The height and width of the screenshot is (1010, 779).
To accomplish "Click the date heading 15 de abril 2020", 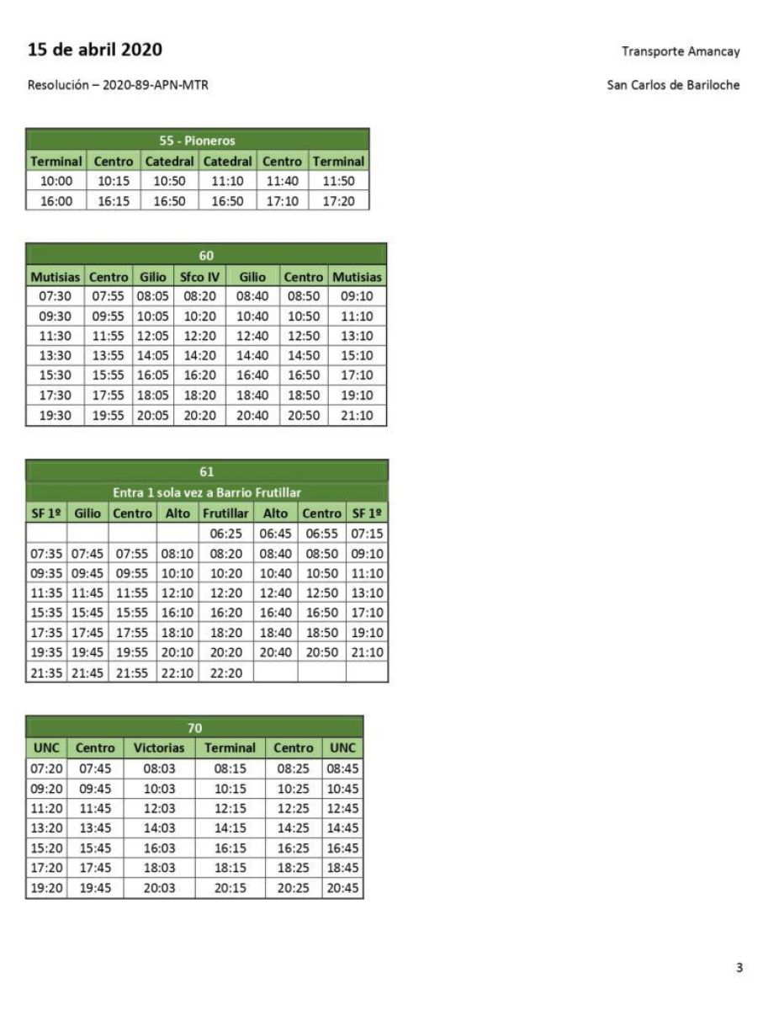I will tap(95, 50).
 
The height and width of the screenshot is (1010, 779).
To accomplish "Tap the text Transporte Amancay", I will tap(681, 51).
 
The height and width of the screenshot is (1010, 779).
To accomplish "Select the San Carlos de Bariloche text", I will tap(673, 85).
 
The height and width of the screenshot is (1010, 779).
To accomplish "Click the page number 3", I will tap(739, 968).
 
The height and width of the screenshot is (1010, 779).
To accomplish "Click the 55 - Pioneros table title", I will tap(198, 141).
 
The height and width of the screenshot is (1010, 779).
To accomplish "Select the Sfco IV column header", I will tap(199, 276).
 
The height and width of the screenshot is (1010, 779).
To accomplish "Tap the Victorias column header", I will tap(158, 747).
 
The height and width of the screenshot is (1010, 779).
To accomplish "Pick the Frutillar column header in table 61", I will tap(225, 513).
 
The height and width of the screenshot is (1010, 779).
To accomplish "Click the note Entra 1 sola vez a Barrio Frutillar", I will tap(207, 492).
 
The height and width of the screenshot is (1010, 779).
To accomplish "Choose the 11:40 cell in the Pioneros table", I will tap(282, 181).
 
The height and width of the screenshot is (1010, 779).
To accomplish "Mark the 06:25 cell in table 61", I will tap(225, 533).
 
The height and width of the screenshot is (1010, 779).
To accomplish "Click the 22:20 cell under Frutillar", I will tap(225, 672).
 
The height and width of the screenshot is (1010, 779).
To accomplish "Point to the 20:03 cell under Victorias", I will tap(158, 889).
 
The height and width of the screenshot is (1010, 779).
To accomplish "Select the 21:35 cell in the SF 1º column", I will tap(46, 672).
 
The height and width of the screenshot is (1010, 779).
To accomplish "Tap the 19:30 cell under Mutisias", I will tap(55, 416).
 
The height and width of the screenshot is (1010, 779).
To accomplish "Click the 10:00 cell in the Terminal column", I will tap(56, 181).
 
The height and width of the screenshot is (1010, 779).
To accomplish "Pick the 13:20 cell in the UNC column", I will tap(46, 828).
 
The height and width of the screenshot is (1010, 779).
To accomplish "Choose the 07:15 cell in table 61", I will tap(367, 533).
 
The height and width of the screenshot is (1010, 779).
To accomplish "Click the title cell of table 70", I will tap(194, 728).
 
